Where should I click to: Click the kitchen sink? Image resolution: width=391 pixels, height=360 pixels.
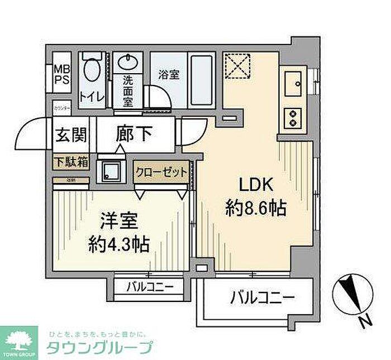point(294,84)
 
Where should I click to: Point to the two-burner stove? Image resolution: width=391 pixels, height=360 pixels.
point(292,116)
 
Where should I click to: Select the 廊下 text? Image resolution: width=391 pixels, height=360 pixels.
point(134,135)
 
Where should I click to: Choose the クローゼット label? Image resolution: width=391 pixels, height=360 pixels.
point(161,172)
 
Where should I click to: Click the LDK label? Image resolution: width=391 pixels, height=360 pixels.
point(256,185)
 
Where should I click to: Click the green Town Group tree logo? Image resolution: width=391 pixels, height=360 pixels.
point(19,339)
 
